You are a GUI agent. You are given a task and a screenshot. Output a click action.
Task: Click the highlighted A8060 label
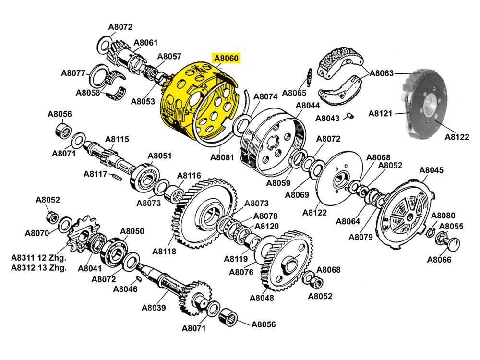226,59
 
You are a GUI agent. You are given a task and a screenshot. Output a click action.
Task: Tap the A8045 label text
431,170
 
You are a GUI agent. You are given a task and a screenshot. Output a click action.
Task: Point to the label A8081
222,157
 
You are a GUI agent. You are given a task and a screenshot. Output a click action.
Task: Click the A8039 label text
154,308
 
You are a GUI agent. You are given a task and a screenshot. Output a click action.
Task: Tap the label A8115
117,139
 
